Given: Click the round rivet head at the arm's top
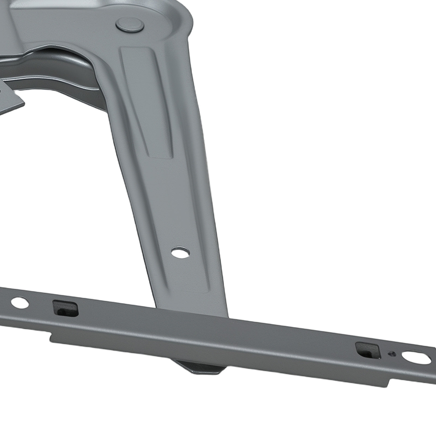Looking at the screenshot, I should (130, 26).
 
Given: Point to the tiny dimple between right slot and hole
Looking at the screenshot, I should (392, 353).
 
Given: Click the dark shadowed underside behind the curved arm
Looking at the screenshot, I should (68, 65).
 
